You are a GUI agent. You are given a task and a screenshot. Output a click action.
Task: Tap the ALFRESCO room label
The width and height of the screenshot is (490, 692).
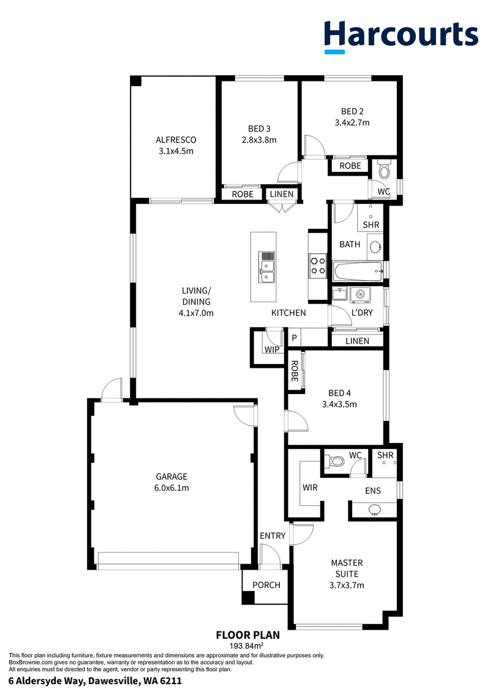(x=176, y=140)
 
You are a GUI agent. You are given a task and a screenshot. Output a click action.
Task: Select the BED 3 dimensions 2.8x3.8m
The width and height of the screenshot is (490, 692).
(x=259, y=140)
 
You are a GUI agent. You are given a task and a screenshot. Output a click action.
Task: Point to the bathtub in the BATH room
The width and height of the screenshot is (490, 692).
(x=358, y=272)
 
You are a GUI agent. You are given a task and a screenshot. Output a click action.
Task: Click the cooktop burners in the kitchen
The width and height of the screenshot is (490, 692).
(x=317, y=266)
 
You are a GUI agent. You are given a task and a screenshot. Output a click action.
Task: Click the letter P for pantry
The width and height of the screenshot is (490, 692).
(x=294, y=338)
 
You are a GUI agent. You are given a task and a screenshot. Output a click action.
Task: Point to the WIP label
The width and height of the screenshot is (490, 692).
(x=272, y=349)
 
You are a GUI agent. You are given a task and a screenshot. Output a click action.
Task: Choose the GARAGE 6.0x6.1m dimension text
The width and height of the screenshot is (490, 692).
(x=172, y=488)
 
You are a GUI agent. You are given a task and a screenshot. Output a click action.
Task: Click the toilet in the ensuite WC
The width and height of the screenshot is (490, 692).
(x=336, y=461)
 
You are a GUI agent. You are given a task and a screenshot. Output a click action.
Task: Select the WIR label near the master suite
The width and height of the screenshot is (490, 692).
(x=310, y=488)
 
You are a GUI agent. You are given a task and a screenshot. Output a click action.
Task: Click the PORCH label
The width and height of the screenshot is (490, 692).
(x=266, y=585)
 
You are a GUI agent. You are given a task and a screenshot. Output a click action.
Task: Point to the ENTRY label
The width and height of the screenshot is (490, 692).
(x=273, y=536)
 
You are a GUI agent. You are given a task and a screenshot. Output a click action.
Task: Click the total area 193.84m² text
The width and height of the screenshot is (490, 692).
(x=247, y=645)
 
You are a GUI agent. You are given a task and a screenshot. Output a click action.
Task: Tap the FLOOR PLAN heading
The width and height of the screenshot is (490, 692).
(x=248, y=635)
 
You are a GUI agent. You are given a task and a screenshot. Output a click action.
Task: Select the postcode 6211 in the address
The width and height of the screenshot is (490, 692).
(x=171, y=681)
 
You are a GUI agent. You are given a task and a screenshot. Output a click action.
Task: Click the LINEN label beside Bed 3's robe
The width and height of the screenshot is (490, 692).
(x=282, y=194)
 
